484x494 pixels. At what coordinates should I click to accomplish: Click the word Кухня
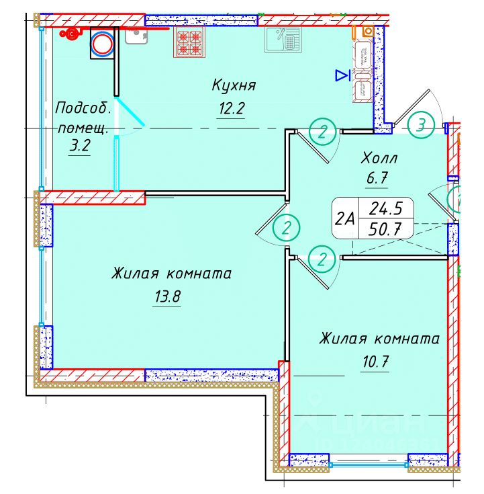tap(234, 85)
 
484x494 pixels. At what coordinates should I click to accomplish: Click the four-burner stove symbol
tap(190, 41)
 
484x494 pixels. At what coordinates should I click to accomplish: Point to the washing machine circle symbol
tap(103, 44)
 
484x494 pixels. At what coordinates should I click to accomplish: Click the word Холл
tap(379, 159)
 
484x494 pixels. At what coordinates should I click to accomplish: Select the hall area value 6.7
tap(378, 179)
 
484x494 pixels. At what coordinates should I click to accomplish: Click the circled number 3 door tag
tap(421, 124)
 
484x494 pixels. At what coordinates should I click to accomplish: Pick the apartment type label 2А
tap(345, 218)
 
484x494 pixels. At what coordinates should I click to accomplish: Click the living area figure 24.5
tap(385, 208)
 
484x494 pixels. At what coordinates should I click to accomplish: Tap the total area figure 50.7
tap(385, 229)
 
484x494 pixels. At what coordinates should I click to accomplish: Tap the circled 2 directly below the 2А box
tap(323, 259)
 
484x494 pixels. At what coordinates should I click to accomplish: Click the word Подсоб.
tap(81, 108)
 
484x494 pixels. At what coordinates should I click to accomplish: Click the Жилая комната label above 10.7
tap(379, 338)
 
